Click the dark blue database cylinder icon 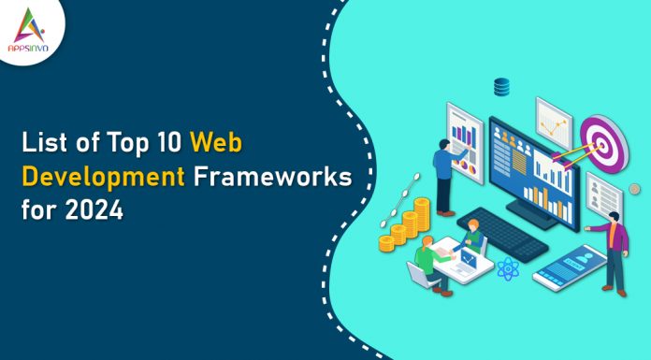click(x=503, y=88)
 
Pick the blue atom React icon click(x=509, y=271)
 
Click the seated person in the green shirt click(x=427, y=260)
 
